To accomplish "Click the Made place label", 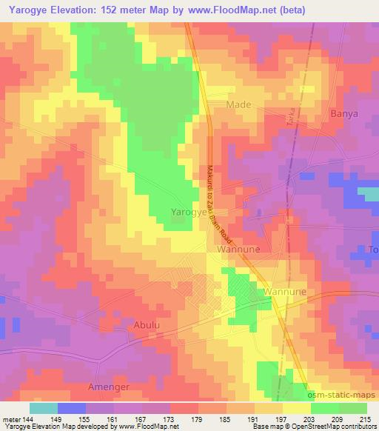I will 240,104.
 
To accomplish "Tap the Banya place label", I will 343,114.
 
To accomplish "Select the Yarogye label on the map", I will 188,211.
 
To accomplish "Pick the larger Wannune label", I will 237,250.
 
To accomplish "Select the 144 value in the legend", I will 30,419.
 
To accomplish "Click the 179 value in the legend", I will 198,419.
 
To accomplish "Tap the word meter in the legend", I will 11,419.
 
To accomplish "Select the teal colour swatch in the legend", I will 44,408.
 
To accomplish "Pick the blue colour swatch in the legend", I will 72,408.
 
